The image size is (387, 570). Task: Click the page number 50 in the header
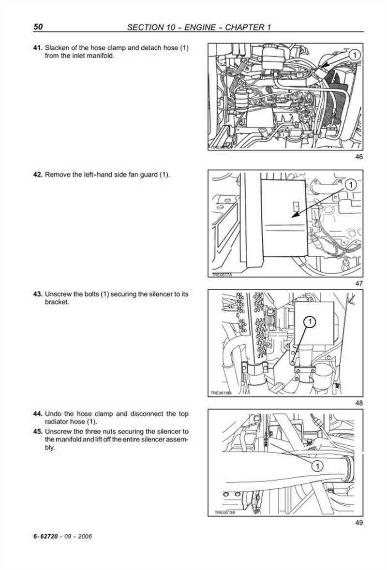pyautogui.click(x=39, y=27)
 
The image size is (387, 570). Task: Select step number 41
pyautogui.click(x=38, y=48)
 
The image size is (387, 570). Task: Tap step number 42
pyautogui.click(x=38, y=175)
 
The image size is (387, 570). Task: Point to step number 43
pyautogui.click(x=38, y=294)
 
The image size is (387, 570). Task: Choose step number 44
pyautogui.click(x=38, y=414)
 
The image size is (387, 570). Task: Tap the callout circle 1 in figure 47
pyautogui.click(x=350, y=184)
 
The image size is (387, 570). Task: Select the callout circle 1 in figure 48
pyautogui.click(x=310, y=321)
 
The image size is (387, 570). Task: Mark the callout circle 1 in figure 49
pyautogui.click(x=317, y=466)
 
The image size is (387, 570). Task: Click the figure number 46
pyautogui.click(x=358, y=157)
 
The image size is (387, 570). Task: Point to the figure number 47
pyautogui.click(x=358, y=283)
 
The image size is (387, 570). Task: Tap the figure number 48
pyautogui.click(x=358, y=402)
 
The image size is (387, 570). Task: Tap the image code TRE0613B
pyautogui.click(x=224, y=513)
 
